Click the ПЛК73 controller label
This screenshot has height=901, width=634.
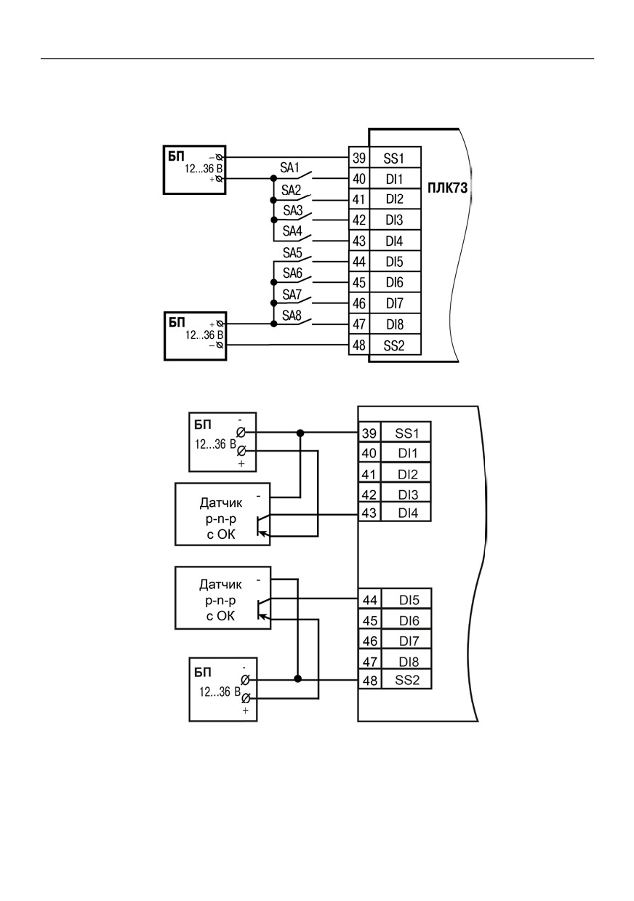pyautogui.click(x=447, y=188)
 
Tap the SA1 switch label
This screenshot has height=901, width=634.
pyautogui.click(x=289, y=168)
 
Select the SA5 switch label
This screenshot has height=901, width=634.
pyautogui.click(x=292, y=252)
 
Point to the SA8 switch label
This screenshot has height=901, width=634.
pyautogui.click(x=292, y=316)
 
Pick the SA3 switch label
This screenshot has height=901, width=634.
pyautogui.click(x=292, y=210)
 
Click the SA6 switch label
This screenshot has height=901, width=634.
pyautogui.click(x=292, y=273)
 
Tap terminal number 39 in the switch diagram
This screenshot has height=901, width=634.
pyautogui.click(x=359, y=158)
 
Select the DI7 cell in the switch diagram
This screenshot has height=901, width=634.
pyautogui.click(x=395, y=303)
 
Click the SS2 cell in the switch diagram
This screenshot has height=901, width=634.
pyautogui.click(x=395, y=345)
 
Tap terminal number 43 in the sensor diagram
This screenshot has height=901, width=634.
pyautogui.click(x=369, y=513)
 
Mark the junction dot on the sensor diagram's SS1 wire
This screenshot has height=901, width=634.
pyautogui.click(x=300, y=433)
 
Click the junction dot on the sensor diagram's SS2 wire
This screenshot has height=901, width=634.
pyautogui.click(x=297, y=679)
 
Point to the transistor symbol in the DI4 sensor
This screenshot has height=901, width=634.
pyautogui.click(x=262, y=525)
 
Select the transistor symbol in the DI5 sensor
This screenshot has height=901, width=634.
pyautogui.click(x=262, y=609)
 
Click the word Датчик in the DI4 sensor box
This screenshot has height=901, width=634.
pyautogui.click(x=221, y=502)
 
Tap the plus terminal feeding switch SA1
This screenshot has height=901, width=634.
pyautogui.click(x=220, y=179)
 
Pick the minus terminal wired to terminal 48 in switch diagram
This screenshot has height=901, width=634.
pyautogui.click(x=220, y=345)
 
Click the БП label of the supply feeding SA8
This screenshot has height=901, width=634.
pyautogui.click(x=177, y=322)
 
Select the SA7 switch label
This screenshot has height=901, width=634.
pyautogui.click(x=292, y=295)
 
